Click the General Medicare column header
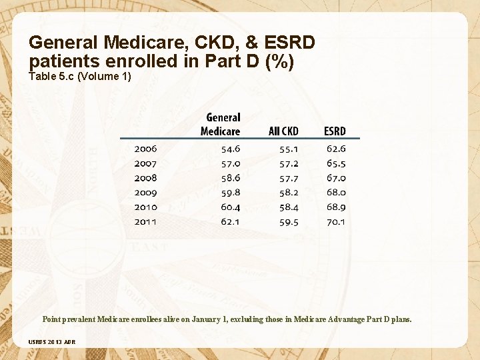221,124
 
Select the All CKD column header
283,131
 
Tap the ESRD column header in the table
335,131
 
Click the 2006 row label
145,149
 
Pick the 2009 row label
145,193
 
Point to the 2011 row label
145,221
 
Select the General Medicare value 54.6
231,149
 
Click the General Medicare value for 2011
231,221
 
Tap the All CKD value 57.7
289,178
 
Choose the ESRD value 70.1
336,221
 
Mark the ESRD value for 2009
336,193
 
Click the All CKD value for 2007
289,163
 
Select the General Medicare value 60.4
231,207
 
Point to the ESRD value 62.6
336,149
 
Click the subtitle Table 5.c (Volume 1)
80,77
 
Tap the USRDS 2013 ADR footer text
52,342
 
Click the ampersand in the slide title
252,43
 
